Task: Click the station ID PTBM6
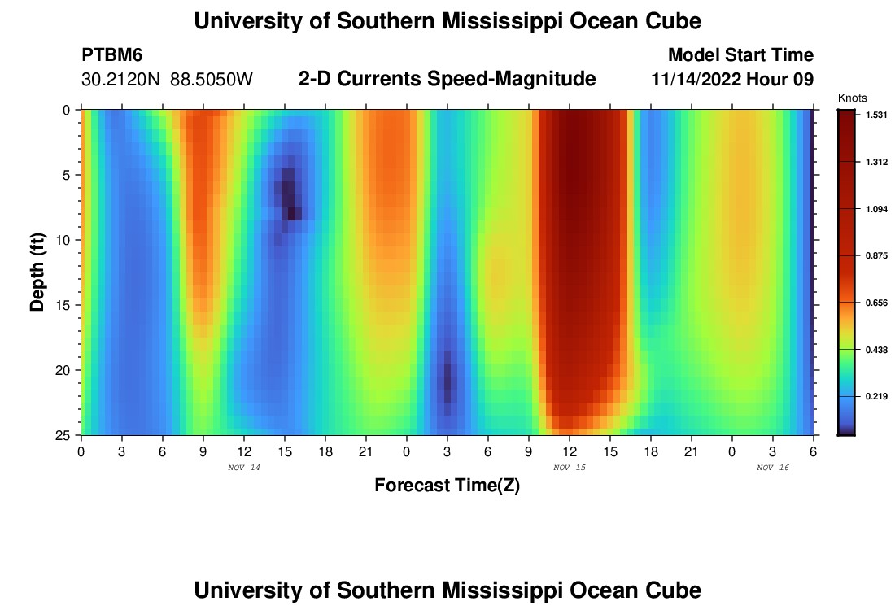coord(112,55)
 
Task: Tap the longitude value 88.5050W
coord(212,80)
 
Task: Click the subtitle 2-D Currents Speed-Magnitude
coord(447,79)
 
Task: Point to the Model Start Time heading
coord(740,55)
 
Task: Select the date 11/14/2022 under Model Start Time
coord(701,80)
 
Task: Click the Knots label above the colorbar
coord(852,98)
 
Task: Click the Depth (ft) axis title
coord(37,272)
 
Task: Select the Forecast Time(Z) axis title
coord(447,486)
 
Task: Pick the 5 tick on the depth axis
coord(67,175)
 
